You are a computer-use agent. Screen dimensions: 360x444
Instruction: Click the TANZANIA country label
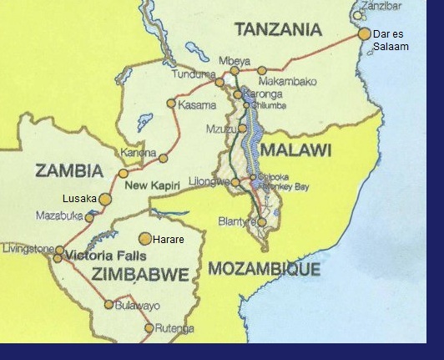pyautogui.click(x=278, y=30)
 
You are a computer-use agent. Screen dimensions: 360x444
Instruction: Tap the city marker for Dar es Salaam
pyautogui.click(x=364, y=34)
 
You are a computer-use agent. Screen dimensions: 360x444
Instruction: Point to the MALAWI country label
pyautogui.click(x=295, y=150)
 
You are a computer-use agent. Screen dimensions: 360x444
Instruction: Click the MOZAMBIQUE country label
pyautogui.click(x=264, y=269)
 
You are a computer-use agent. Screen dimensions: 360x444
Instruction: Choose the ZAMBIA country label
pyautogui.click(x=69, y=171)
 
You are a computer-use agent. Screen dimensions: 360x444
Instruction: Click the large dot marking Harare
pyautogui.click(x=145, y=239)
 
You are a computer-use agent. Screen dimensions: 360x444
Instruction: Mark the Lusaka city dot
pyautogui.click(x=105, y=200)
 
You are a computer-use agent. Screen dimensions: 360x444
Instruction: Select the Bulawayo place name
pyautogui.click(x=138, y=306)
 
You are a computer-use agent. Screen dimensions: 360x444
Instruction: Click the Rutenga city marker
pyautogui.click(x=149, y=328)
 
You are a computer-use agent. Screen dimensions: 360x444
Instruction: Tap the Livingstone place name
pyautogui.click(x=28, y=249)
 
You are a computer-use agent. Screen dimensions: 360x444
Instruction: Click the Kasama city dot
pyautogui.click(x=172, y=104)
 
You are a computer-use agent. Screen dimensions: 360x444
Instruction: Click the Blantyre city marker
pyautogui.click(x=262, y=222)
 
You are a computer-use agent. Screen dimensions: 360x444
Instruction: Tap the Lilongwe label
pyautogui.click(x=209, y=181)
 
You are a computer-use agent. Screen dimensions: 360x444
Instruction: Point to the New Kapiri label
pyautogui.click(x=153, y=184)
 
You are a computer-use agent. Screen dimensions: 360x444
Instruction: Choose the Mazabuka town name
pyautogui.click(x=59, y=215)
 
